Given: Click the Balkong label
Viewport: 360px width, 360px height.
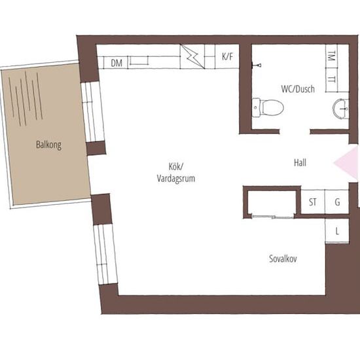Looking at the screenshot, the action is coord(48,145).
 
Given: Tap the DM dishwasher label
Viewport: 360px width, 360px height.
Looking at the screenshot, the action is coord(117,63).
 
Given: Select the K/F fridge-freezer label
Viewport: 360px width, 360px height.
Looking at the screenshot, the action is coord(227,56).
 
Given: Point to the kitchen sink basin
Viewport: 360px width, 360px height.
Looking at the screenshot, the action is coord(139,61).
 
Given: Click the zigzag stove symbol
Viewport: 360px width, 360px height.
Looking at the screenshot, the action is coord(192,56).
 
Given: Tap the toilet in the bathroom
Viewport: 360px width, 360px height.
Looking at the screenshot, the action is coord(268,108).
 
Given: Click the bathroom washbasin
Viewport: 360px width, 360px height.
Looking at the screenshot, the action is coord(341,109).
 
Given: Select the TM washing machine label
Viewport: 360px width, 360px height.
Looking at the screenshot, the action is coord(331,56).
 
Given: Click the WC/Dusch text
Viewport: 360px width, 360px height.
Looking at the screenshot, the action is coord(298,89).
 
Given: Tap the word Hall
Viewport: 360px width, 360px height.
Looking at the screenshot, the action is coord(300,163).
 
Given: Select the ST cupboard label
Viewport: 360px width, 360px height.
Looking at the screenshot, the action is coord(312,202).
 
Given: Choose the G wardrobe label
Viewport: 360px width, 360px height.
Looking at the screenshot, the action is coord(337,202).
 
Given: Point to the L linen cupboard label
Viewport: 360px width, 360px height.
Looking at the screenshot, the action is coord(337,231).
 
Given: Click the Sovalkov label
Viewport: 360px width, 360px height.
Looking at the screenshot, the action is coord(283,259).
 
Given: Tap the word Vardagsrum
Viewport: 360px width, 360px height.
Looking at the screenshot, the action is coord(176,179).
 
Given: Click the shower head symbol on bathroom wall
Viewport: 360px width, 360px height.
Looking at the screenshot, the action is coord(257,65).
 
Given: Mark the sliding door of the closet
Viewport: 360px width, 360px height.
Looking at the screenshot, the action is coord(273,217).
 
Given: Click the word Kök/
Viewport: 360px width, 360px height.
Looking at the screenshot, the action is coord(176,166).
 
